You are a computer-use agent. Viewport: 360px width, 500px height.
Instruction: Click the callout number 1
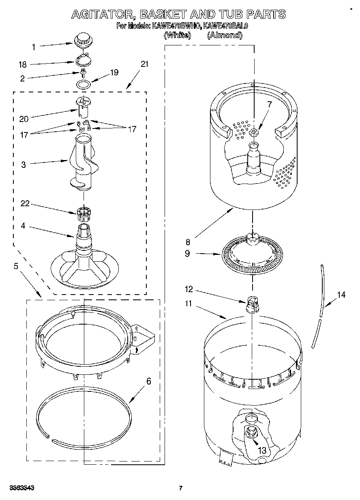pyautogui.click(x=34, y=47)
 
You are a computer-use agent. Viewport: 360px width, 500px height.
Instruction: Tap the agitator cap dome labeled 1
pyautogui.click(x=83, y=39)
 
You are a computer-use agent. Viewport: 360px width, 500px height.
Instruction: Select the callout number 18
pyautogui.click(x=23, y=64)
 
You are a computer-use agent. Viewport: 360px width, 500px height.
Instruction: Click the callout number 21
pyautogui.click(x=144, y=64)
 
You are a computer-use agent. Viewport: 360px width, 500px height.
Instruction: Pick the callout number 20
pyautogui.click(x=24, y=119)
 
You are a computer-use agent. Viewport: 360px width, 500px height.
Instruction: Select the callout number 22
pyautogui.click(x=24, y=204)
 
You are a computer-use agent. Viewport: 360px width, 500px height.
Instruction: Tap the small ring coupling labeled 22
pyautogui.click(x=83, y=212)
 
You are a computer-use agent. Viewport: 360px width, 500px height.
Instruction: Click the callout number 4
pyautogui.click(x=23, y=226)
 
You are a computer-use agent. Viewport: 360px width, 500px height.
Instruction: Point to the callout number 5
pyautogui.click(x=16, y=266)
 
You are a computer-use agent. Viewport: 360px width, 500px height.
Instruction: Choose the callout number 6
pyautogui.click(x=149, y=381)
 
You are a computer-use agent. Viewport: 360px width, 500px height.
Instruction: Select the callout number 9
pyautogui.click(x=187, y=254)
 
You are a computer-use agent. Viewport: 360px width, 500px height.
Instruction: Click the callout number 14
pyautogui.click(x=341, y=295)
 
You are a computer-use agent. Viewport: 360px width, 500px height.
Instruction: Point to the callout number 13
pyautogui.click(x=262, y=450)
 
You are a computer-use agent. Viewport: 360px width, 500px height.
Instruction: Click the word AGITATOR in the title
pyautogui.click(x=103, y=15)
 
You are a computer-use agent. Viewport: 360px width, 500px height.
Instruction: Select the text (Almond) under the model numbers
pyautogui.click(x=225, y=36)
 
